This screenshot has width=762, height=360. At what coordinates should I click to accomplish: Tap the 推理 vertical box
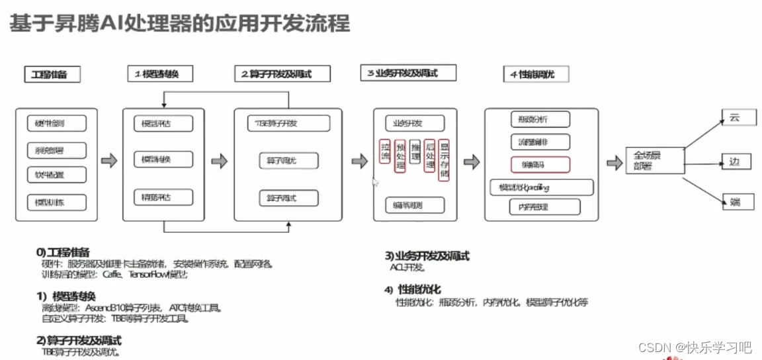[x=415, y=152]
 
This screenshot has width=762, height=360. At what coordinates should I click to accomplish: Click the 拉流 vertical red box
[x=385, y=152]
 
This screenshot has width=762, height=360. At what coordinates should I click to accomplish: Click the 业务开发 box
[x=415, y=123]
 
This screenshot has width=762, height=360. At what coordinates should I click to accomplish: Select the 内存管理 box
[x=544, y=207]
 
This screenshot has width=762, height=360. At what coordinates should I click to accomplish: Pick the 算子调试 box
[x=288, y=198]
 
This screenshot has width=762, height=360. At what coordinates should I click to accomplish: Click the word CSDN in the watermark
[x=654, y=347]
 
